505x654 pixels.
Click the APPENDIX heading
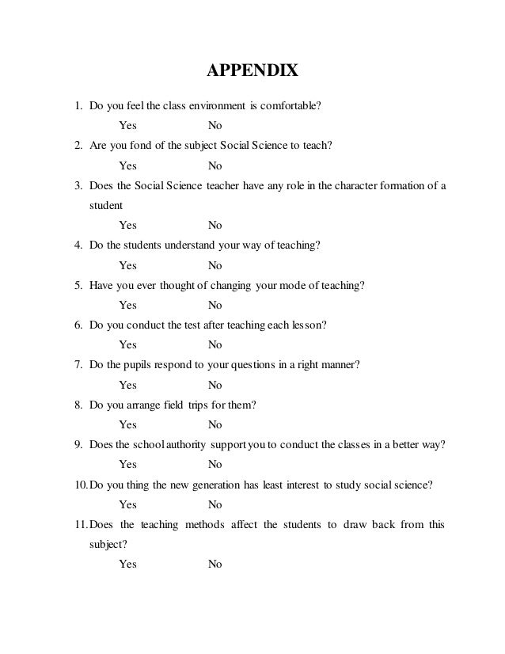(252, 73)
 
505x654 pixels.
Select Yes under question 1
(127, 126)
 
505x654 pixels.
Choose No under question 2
(215, 165)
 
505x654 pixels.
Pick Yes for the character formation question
(127, 226)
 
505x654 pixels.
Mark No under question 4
(215, 265)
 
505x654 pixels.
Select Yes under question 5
(127, 305)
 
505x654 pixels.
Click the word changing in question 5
(230, 285)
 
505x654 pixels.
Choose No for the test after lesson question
(215, 344)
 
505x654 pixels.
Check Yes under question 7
(127, 385)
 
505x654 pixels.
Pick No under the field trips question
(215, 424)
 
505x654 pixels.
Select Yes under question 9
(127, 464)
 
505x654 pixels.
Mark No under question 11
(215, 565)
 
